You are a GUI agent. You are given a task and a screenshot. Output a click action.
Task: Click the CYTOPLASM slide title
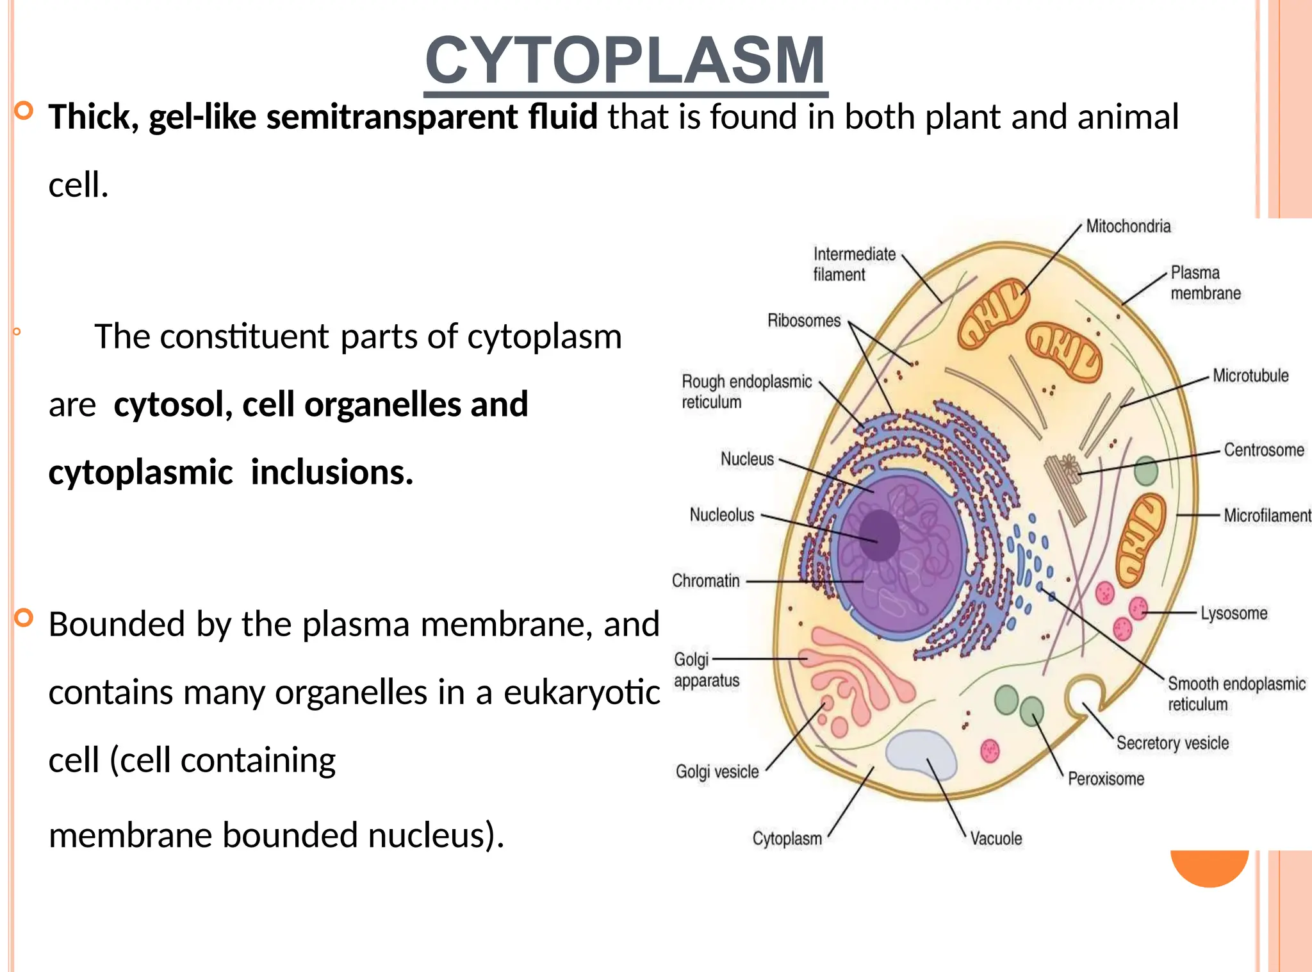click(x=625, y=61)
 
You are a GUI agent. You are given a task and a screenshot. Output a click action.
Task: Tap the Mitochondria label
click(x=1127, y=226)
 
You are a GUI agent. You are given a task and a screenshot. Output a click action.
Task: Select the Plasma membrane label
click(x=1204, y=283)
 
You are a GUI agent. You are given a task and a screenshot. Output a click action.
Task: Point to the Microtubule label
click(x=1250, y=375)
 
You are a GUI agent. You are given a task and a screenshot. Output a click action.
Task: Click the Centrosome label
click(x=1263, y=450)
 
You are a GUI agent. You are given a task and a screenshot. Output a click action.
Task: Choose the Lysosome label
click(x=1233, y=613)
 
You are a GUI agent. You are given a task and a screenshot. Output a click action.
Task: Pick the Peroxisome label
click(x=1105, y=778)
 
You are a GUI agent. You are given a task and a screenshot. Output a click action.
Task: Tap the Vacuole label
click(x=996, y=838)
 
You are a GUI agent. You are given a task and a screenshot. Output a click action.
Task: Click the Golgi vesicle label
click(x=717, y=771)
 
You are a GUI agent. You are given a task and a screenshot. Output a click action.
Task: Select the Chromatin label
click(x=705, y=581)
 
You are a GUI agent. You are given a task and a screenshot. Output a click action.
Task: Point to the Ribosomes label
click(x=803, y=320)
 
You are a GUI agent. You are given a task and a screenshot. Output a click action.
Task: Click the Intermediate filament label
click(x=853, y=264)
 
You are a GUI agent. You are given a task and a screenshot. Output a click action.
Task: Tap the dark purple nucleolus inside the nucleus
click(x=879, y=535)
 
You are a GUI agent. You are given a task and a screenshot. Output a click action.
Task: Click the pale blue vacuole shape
click(x=920, y=753)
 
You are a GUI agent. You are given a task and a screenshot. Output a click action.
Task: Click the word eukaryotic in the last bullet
click(x=581, y=693)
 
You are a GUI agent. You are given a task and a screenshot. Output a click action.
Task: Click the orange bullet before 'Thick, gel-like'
click(x=24, y=111)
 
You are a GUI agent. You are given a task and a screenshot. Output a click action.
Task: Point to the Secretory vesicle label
click(x=1172, y=743)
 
